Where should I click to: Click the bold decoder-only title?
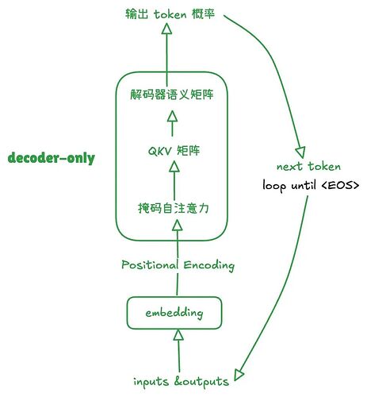click(51, 158)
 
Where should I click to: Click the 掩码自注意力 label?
click(174, 209)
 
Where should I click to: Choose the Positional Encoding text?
click(178, 264)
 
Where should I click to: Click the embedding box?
click(174, 313)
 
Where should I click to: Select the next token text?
click(308, 167)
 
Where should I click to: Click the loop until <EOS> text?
click(311, 186)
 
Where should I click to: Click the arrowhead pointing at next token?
click(301, 151)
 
